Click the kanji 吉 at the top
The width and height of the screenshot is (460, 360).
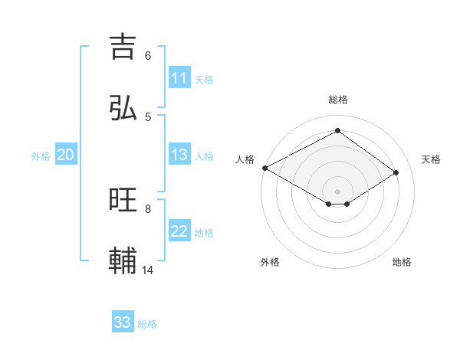pos(123,46)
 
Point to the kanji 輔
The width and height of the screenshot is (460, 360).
pos(123,261)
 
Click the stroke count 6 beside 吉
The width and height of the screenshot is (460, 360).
pos(148,55)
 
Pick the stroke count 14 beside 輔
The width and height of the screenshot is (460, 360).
pos(148,270)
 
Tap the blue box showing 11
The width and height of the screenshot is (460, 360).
pos(179,78)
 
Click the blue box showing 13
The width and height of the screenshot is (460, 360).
pos(179,155)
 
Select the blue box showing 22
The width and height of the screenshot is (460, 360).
pos(179,231)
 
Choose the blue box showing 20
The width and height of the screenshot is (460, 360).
pos(65,155)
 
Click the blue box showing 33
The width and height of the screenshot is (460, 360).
pos(123,322)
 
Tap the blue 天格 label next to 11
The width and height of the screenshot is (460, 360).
pos(204,79)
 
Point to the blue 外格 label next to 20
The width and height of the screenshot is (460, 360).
pos(41,155)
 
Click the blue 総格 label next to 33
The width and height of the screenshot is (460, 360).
pos(148,323)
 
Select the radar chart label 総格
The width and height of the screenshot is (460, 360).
pos(338,100)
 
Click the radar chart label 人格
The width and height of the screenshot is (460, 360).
pos(245,159)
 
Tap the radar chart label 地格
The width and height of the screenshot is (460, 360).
pos(402,262)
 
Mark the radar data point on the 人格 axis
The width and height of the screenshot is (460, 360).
pos(264,168)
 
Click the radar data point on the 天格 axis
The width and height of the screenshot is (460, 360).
pos(396,172)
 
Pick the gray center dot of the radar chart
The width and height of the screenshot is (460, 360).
pos(338,191)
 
